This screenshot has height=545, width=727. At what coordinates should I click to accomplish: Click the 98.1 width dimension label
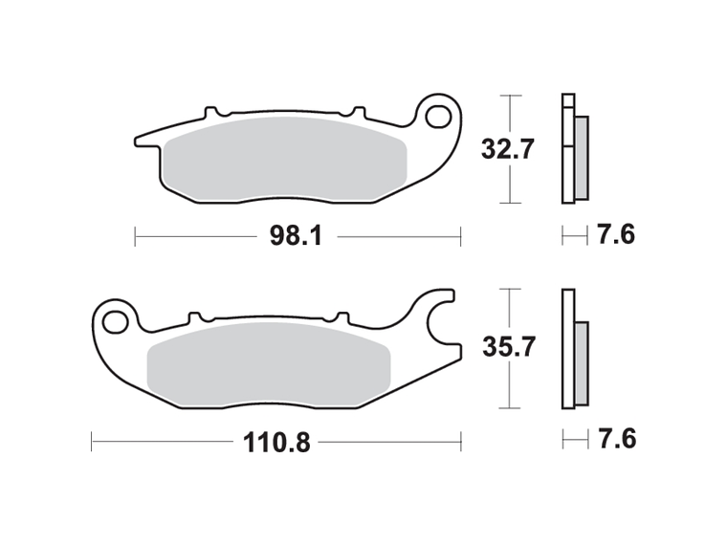pyautogui.click(x=296, y=237)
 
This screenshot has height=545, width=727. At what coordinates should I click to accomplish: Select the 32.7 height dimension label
pyautogui.click(x=508, y=149)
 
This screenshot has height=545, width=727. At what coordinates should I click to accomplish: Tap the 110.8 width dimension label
pyautogui.click(x=276, y=443)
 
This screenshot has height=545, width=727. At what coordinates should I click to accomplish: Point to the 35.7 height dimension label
pyautogui.click(x=509, y=347)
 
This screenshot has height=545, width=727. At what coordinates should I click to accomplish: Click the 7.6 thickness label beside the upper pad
pyautogui.click(x=615, y=234)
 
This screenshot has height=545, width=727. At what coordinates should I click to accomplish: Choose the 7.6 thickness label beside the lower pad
pyautogui.click(x=617, y=439)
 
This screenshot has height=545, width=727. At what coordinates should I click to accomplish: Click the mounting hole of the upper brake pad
pyautogui.click(x=439, y=117)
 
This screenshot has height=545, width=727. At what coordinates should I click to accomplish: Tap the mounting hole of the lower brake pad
pyautogui.click(x=116, y=322)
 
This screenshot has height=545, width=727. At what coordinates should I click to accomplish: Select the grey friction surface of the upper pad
pyautogui.click(x=286, y=159)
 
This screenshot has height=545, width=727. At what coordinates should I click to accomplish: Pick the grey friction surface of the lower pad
pyautogui.click(x=269, y=364)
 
